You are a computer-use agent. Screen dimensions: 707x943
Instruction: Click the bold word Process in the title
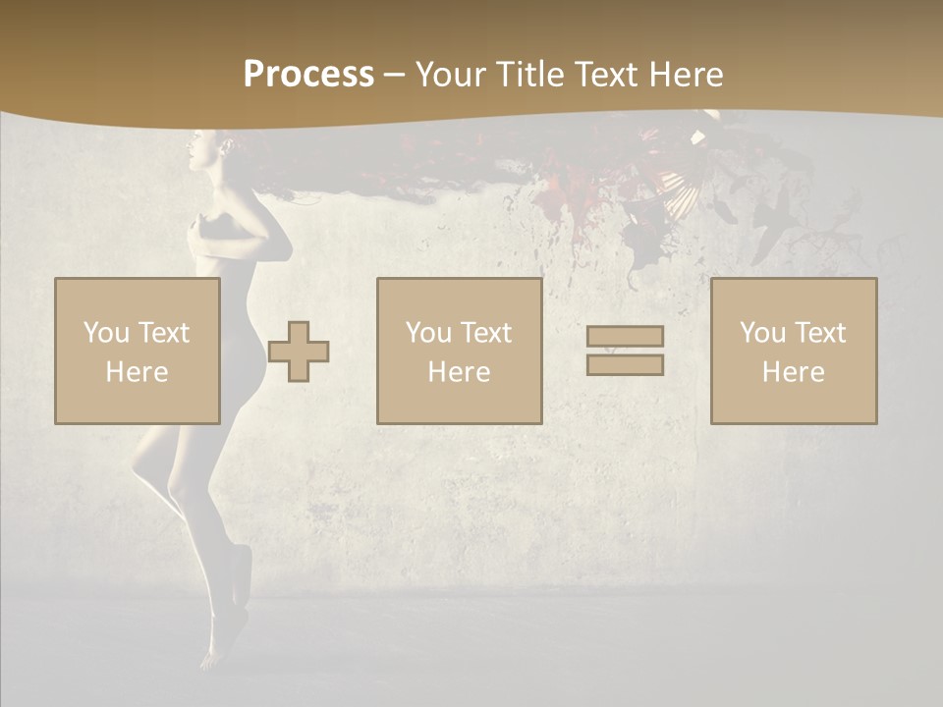click(x=308, y=75)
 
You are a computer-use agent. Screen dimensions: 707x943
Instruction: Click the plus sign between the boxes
click(x=299, y=351)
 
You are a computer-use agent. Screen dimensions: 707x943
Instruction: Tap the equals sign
click(x=625, y=351)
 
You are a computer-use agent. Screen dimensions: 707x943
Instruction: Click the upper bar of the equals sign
click(x=625, y=336)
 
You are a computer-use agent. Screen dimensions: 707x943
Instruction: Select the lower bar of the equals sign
click(x=625, y=364)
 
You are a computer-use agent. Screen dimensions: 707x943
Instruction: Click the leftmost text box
click(x=138, y=351)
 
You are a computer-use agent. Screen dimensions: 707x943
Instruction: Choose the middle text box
click(x=459, y=351)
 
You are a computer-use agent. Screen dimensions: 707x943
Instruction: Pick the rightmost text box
click(x=794, y=351)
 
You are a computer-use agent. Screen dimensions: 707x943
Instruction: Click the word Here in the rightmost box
click(x=794, y=372)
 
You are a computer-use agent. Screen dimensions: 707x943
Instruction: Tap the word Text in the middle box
click(x=485, y=333)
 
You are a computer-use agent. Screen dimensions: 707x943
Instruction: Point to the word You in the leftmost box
click(x=106, y=333)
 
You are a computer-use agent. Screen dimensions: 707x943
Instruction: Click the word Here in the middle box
click(x=459, y=372)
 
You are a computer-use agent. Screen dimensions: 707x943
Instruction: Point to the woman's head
click(x=206, y=152)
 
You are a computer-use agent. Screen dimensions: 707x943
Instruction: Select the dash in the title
click(x=394, y=76)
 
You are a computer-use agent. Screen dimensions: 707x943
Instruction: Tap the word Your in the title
click(x=450, y=75)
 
